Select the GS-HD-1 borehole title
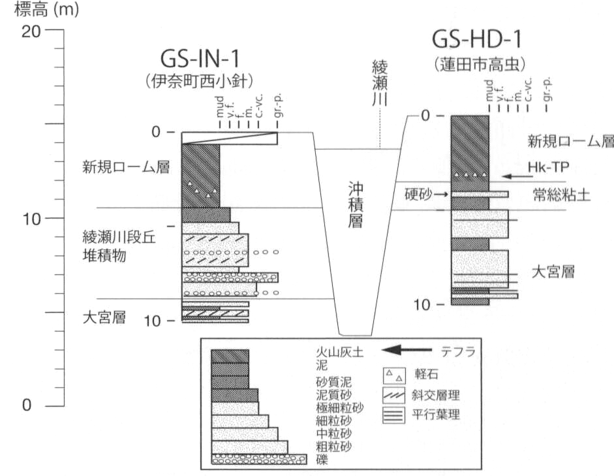coord(478,40)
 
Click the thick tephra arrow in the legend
coord(408,351)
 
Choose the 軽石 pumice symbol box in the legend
coord(393,375)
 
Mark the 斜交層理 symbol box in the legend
coord(393,394)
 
